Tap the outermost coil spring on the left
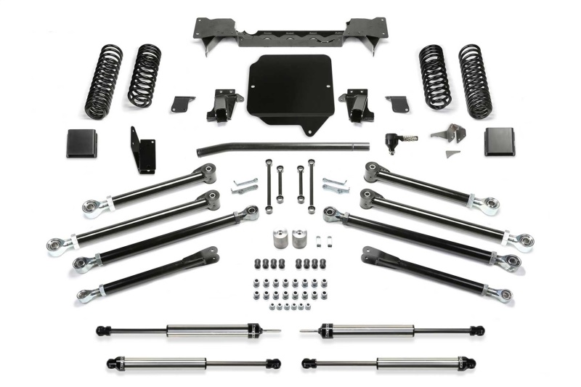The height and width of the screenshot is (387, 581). tap(103, 81)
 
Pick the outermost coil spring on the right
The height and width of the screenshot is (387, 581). tap(476, 81)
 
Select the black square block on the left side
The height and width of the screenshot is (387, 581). tap(82, 142)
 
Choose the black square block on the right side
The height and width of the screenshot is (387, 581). tap(499, 141)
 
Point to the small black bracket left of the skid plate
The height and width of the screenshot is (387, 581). tap(184, 103)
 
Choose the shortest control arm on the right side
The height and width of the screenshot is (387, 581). tap(436, 271)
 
